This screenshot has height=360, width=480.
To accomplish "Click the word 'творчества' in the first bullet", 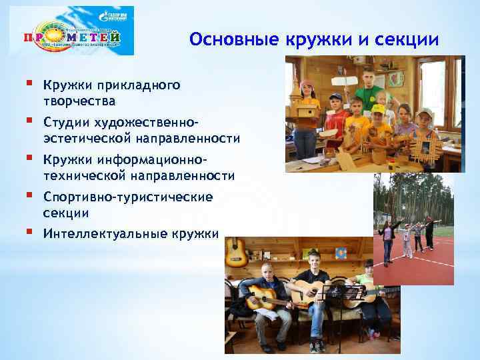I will pos(79,101).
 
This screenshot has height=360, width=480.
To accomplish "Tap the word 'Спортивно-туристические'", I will pos(127,197).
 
